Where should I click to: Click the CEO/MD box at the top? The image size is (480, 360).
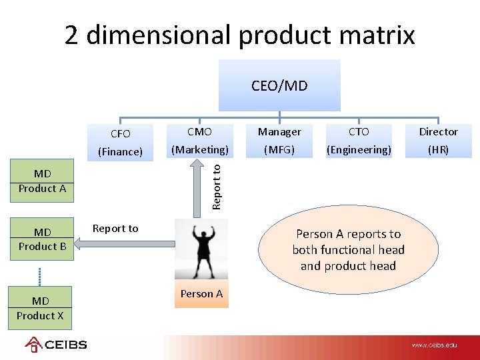[279, 85]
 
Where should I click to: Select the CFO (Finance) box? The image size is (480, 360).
[121, 142]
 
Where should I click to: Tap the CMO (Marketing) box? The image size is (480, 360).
[199, 141]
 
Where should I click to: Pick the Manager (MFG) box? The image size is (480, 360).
[279, 141]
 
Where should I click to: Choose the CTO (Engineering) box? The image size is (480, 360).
[359, 141]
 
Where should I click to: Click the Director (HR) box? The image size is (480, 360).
[438, 141]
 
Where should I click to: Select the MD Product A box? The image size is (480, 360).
[42, 181]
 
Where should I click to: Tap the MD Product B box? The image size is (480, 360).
[42, 239]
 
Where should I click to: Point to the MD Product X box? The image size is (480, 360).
[40, 308]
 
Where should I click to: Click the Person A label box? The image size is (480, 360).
[201, 293]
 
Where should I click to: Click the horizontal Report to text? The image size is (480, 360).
[115, 229]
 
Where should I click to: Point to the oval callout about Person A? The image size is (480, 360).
[348, 250]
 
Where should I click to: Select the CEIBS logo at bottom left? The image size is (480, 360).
[56, 345]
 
